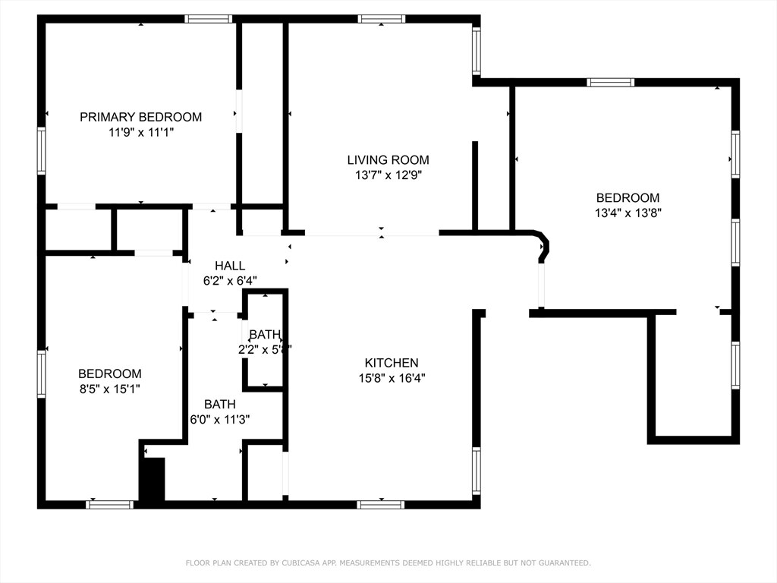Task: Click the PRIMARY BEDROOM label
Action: [x=141, y=117]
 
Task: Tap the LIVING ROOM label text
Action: [x=388, y=160]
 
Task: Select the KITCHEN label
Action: [x=391, y=363]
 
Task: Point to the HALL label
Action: [x=229, y=266]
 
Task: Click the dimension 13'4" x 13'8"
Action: [x=628, y=213]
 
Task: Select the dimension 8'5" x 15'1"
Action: [x=109, y=389]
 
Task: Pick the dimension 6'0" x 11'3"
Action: [x=219, y=419]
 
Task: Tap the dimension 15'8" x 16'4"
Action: [x=391, y=378]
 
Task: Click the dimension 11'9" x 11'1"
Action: [x=141, y=132]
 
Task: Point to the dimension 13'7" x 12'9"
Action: [x=388, y=175]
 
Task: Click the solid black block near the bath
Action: [x=153, y=479]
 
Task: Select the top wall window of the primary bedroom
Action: [x=208, y=19]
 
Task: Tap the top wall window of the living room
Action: [x=381, y=19]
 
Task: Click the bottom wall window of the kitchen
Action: [x=380, y=504]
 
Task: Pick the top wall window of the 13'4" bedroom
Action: [x=610, y=82]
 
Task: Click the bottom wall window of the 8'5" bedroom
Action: [x=110, y=504]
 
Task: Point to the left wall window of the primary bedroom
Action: [x=42, y=151]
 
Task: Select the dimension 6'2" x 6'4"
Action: [x=229, y=280]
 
